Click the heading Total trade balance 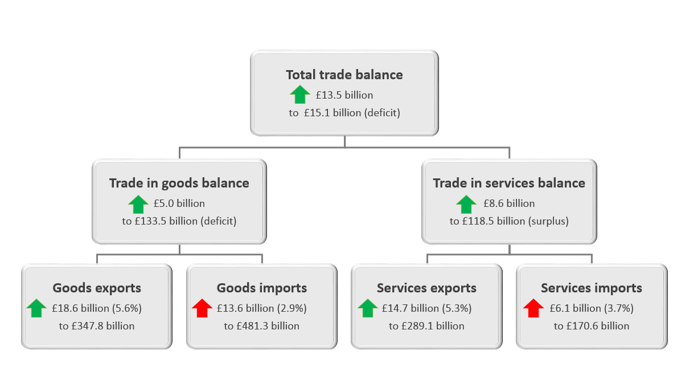(x=344, y=75)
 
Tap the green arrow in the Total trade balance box (x=300, y=94)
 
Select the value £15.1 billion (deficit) (x=344, y=113)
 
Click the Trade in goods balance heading (x=179, y=184)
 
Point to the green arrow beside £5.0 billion (x=138, y=203)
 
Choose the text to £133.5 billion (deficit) (x=179, y=221)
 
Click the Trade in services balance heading (x=509, y=184)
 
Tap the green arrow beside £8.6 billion (x=466, y=203)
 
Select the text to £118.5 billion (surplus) (x=509, y=221)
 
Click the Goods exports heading (x=97, y=288)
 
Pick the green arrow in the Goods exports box (x=36, y=308)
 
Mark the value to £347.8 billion (x=97, y=326)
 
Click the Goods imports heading (x=262, y=288)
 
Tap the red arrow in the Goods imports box (x=202, y=308)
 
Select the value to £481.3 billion (x=262, y=326)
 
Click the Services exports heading (x=426, y=288)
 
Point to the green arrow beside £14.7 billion (x=367, y=308)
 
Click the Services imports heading (x=592, y=288)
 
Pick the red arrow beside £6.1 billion (x=534, y=308)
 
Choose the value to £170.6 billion (x=592, y=326)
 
